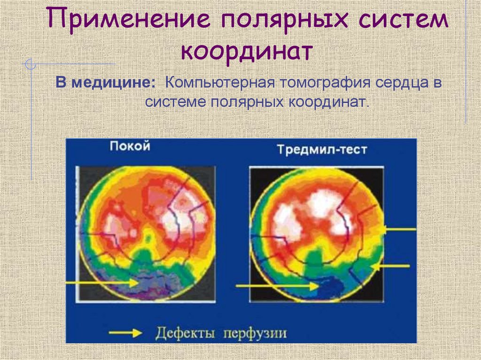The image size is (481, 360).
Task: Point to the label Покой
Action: tap(130, 146)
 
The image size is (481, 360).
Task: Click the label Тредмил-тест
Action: tap(322, 150)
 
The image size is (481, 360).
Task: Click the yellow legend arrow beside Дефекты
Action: tap(125, 333)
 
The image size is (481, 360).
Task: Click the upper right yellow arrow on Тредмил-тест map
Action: tap(399, 230)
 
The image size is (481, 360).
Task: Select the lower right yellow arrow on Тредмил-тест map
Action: tap(393, 266)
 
